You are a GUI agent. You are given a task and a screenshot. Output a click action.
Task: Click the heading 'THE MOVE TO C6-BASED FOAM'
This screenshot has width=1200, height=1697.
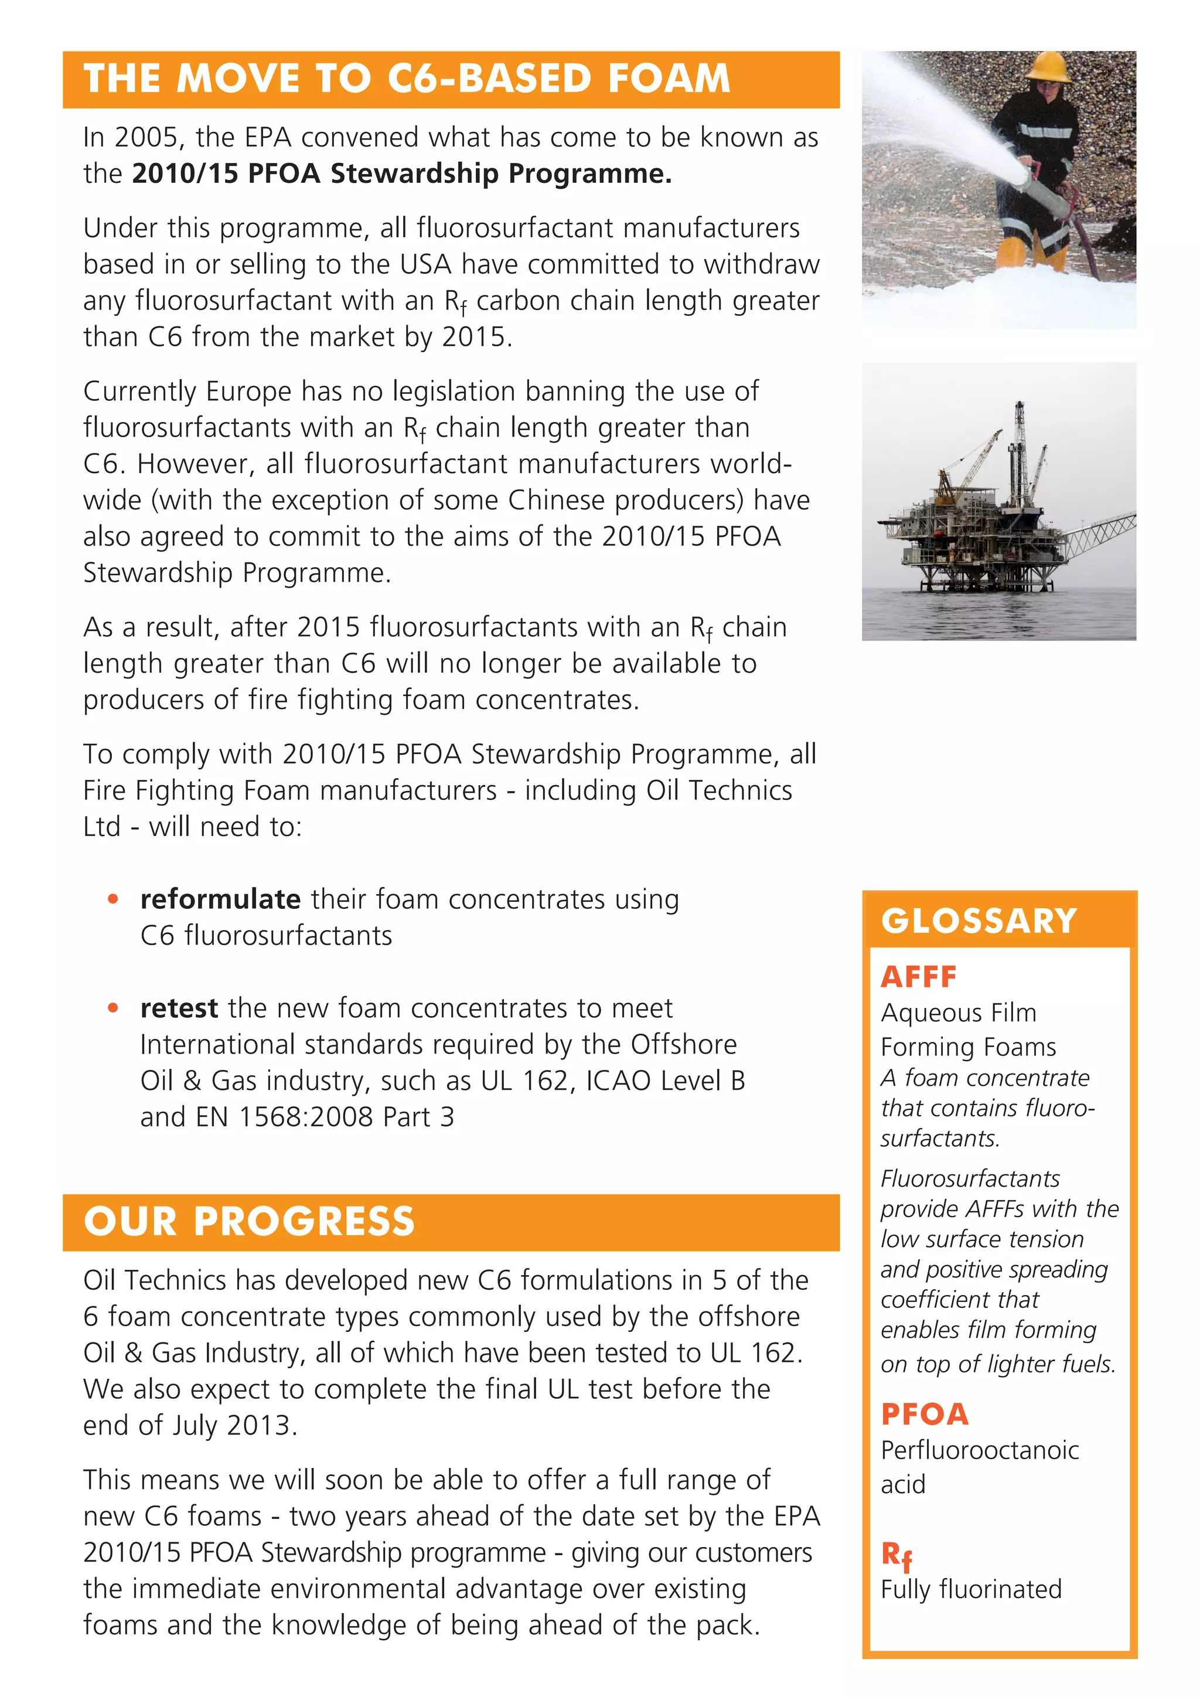tap(407, 79)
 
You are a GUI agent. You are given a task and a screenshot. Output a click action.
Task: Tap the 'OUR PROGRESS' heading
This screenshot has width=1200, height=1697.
tap(249, 1222)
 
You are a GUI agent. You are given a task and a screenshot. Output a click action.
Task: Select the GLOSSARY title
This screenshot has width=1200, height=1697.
tap(979, 921)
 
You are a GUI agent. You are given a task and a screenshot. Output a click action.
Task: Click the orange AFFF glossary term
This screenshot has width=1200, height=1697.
tap(919, 977)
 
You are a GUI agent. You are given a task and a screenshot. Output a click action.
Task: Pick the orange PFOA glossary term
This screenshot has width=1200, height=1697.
tap(925, 1415)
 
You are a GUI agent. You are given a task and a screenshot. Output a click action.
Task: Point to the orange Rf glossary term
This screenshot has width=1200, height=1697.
tap(896, 1556)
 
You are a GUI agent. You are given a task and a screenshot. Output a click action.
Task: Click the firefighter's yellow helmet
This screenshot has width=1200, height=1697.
tap(1048, 67)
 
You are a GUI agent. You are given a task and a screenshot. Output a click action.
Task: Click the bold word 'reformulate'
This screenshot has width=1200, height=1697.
tap(220, 899)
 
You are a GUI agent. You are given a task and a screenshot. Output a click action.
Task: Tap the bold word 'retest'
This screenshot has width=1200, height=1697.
tap(179, 1008)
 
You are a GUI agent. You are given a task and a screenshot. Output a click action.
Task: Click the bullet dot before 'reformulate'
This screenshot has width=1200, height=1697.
tap(113, 899)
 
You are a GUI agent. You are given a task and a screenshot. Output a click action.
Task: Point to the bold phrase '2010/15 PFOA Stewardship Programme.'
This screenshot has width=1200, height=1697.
tap(401, 173)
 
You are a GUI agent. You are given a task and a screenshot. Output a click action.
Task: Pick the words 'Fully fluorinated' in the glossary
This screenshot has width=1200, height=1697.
tap(970, 1589)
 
